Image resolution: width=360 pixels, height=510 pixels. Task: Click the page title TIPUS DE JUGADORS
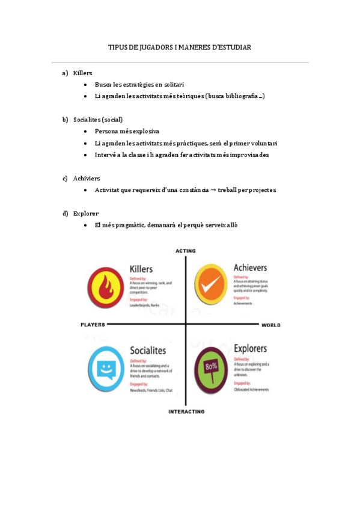point(179,47)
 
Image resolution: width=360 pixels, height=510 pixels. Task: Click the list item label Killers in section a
point(82,73)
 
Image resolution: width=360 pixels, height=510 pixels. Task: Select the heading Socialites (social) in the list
point(98,119)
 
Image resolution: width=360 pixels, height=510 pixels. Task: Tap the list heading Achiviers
point(87,178)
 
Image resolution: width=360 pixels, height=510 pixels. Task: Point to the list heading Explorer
point(86,213)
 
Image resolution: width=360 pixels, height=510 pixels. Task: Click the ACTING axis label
point(186,250)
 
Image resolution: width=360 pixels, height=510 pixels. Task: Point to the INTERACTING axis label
point(186,412)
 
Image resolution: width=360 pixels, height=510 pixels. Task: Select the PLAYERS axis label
point(93,324)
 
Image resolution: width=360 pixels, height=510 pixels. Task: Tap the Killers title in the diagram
point(141,269)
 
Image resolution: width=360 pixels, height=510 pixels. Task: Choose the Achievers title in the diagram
point(250,267)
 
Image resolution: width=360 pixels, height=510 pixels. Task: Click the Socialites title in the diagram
point(148,350)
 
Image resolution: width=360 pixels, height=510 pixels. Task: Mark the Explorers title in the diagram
point(251,348)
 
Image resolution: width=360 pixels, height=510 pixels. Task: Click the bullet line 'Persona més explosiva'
point(127,131)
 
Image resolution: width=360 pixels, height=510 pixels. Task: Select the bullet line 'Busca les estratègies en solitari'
point(139,85)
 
